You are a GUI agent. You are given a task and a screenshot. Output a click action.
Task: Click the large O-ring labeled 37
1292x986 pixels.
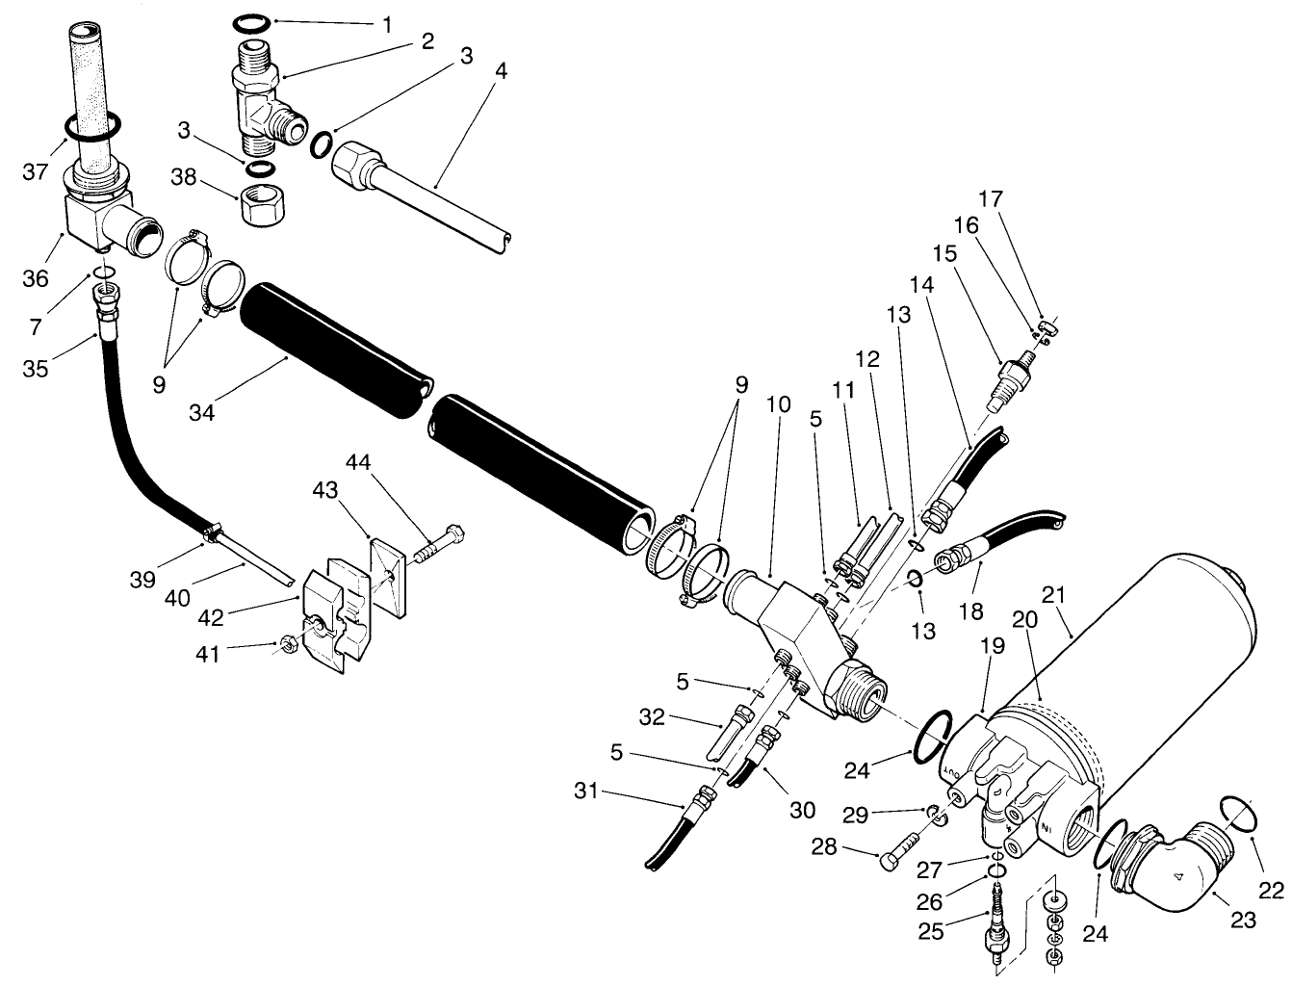tap(93, 126)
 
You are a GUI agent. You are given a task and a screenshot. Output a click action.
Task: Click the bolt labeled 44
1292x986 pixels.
tap(441, 542)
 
